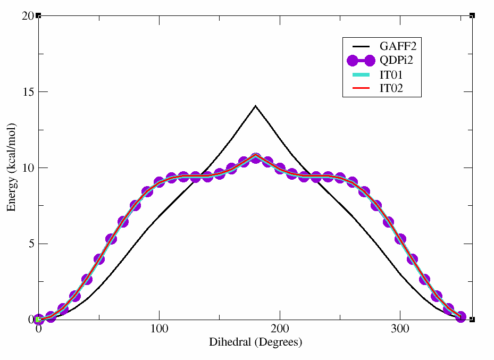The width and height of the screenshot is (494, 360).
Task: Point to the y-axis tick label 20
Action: [x=29, y=16]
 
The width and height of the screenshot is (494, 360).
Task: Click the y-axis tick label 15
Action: [x=29, y=92]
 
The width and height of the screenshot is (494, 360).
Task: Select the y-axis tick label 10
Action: [x=29, y=168]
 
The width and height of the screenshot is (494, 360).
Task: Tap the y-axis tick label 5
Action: [x=31, y=244]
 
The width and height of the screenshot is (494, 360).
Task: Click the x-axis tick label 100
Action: [x=159, y=330]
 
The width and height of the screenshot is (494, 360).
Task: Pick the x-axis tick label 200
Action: [x=280, y=330]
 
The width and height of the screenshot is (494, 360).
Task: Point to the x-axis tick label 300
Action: [x=400, y=330]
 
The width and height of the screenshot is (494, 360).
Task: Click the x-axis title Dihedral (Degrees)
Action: [x=255, y=342]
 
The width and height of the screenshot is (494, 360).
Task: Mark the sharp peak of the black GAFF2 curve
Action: [x=256, y=106]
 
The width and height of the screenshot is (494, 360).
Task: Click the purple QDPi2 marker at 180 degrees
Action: [x=256, y=158]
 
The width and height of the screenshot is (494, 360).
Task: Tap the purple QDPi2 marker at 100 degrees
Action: [x=159, y=182]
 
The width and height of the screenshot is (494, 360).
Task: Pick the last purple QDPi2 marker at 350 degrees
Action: [x=460, y=317]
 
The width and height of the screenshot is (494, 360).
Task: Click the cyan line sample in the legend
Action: [x=359, y=75]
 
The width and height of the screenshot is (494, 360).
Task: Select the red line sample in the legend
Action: [x=359, y=89]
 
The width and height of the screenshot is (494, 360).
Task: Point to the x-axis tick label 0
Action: [x=38, y=330]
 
